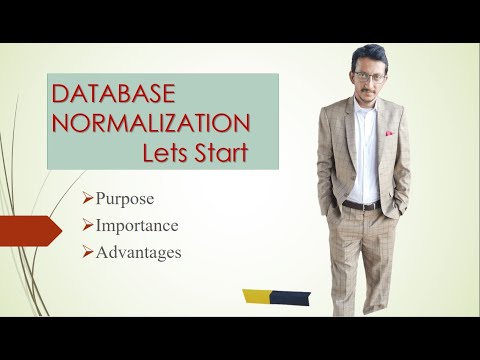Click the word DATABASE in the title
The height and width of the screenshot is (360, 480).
[x=113, y=96]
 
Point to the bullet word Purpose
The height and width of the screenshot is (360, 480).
[x=126, y=198]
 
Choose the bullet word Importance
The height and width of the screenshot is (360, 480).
[x=137, y=225]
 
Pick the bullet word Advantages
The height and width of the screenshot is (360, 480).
[x=139, y=252]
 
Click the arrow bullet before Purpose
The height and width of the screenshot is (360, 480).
[x=89, y=198]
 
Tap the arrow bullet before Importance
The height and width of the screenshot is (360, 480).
[x=89, y=225]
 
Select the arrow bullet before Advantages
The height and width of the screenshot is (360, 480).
[x=89, y=252]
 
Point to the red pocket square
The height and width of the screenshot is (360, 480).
[x=388, y=131]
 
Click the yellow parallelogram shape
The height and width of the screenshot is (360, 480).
[x=258, y=296]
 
